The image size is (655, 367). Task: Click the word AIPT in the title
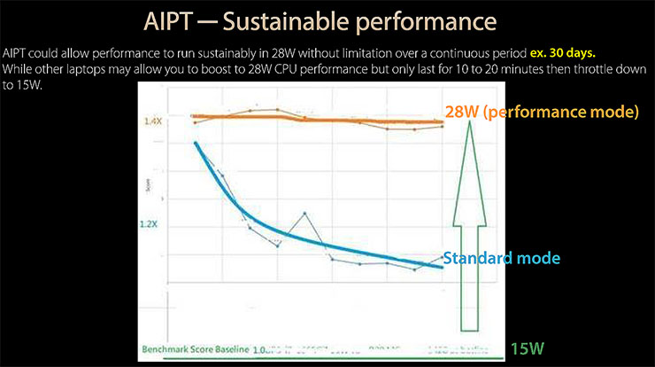click(172, 20)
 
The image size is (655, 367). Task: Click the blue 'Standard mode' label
click(501, 258)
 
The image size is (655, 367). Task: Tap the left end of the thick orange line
click(193, 116)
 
